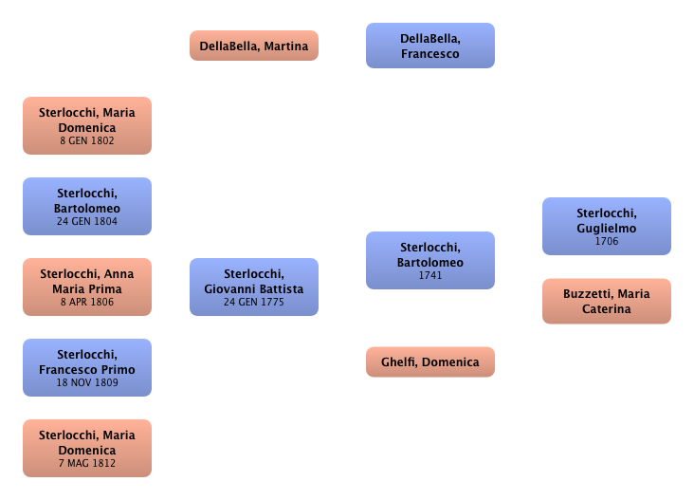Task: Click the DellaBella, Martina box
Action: pyautogui.click(x=253, y=46)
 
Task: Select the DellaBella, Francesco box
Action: pyautogui.click(x=429, y=46)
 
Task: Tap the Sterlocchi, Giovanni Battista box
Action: pyautogui.click(x=253, y=287)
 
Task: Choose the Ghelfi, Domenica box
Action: pyautogui.click(x=429, y=361)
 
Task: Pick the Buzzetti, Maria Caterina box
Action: pyautogui.click(x=607, y=301)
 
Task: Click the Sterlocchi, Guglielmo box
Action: pyautogui.click(x=607, y=225)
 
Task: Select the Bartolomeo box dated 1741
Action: pyautogui.click(x=429, y=260)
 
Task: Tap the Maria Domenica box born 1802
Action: pyautogui.click(x=87, y=125)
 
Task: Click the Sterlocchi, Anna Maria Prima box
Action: pyautogui.click(x=87, y=287)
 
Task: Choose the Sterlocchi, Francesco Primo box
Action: pyautogui.click(x=87, y=367)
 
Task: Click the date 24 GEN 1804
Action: pyautogui.click(x=87, y=222)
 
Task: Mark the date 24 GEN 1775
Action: pyautogui.click(x=253, y=303)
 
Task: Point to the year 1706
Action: pyautogui.click(x=607, y=242)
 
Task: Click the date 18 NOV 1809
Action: pyautogui.click(x=87, y=383)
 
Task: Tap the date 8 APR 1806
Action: pyautogui.click(x=87, y=303)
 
